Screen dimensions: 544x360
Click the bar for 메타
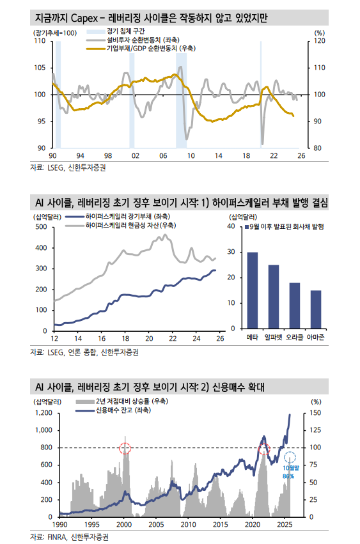coord(253,291)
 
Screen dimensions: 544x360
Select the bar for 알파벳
coord(274,297)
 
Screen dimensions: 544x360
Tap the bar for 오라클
coord(294,306)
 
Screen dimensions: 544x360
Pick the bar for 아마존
coord(315,310)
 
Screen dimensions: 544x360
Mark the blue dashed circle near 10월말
coord(290,457)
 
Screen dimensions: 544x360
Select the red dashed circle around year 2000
coord(125,448)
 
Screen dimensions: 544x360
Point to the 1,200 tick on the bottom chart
coord(42,413)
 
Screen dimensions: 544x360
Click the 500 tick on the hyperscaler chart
coord(41,226)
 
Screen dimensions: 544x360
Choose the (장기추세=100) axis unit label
coord(54,32)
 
